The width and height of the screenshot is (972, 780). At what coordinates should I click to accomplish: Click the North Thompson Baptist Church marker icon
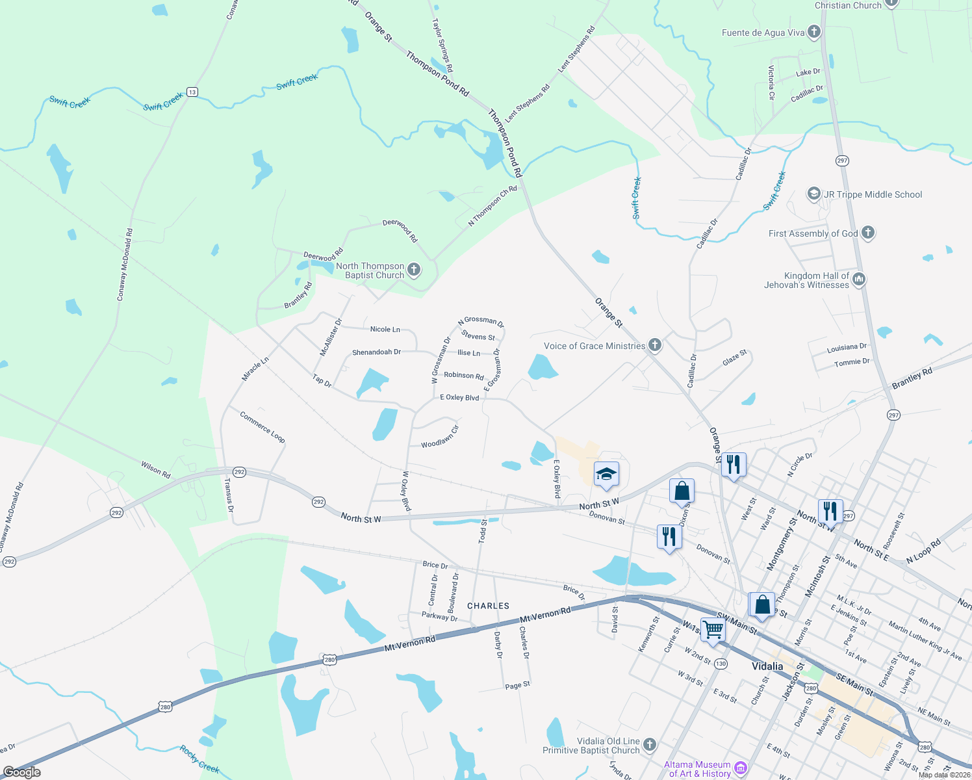click(x=414, y=270)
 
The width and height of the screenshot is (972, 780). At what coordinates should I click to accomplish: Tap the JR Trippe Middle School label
click(x=873, y=194)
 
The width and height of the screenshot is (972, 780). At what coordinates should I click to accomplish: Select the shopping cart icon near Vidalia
click(x=713, y=629)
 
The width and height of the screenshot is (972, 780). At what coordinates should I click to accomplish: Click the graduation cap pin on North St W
click(x=606, y=474)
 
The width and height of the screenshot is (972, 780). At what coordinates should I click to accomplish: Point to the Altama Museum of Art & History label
click(x=697, y=769)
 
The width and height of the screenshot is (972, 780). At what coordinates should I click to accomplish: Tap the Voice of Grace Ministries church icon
click(x=655, y=345)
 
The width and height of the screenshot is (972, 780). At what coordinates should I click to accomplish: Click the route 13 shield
click(x=192, y=92)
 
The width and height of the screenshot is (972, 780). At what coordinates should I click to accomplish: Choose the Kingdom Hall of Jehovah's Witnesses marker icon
click(x=859, y=279)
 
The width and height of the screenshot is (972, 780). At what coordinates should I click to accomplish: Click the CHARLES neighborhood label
click(x=488, y=606)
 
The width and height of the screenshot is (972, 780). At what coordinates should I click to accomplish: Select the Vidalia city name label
click(x=767, y=666)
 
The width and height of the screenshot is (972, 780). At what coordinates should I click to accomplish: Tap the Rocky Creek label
click(x=199, y=759)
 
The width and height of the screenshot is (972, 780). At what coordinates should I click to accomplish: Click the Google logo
click(x=22, y=772)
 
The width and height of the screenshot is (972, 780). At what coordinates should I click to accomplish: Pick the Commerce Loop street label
click(x=262, y=427)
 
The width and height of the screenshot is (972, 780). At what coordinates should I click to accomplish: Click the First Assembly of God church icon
click(x=868, y=233)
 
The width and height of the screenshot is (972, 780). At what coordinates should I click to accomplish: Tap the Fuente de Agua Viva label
click(x=763, y=32)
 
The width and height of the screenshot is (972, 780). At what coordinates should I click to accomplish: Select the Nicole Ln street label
click(x=385, y=330)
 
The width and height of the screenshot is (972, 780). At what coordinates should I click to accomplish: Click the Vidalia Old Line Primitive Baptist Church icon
click(x=650, y=745)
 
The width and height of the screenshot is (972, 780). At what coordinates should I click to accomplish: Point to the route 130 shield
click(x=721, y=664)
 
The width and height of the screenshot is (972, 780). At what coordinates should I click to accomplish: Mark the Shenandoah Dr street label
click(x=376, y=352)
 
